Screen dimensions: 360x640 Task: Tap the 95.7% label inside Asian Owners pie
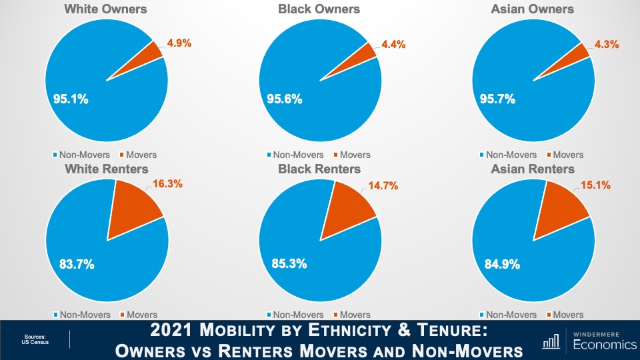(x=497, y=99)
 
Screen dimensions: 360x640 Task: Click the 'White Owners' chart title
(x=105, y=9)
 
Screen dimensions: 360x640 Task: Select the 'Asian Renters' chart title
(x=533, y=169)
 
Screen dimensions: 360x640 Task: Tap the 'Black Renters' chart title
(x=319, y=169)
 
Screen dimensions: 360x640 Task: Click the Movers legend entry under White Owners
(x=141, y=155)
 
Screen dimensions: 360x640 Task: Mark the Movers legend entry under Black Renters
(x=354, y=315)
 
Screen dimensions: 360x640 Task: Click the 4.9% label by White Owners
(x=179, y=43)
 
